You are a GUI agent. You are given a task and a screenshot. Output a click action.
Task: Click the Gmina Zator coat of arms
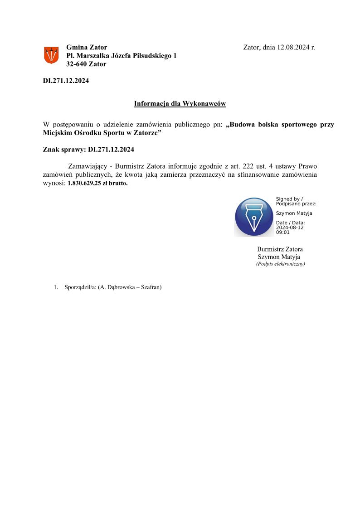51,55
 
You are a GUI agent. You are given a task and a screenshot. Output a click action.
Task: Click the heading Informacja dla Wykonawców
180,104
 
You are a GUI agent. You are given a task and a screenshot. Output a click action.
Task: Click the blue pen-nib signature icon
254,217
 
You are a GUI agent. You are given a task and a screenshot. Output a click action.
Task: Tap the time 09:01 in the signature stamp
282,232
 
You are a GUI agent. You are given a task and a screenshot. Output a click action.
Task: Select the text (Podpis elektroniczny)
280,264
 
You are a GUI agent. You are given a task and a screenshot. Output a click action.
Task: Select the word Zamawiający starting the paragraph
87,166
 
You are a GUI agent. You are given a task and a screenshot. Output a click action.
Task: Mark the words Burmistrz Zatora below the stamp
280,249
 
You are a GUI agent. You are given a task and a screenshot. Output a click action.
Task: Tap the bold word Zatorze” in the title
149,133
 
